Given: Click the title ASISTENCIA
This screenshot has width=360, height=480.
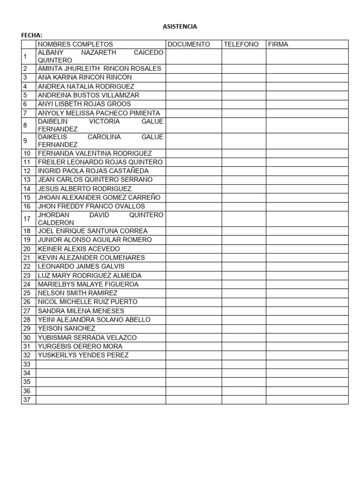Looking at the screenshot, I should (x=180, y=27).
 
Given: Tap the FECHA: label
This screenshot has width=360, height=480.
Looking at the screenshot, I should (x=32, y=35).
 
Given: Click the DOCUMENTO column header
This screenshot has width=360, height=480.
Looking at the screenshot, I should (x=188, y=44).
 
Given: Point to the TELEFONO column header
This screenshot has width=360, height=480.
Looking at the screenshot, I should (x=241, y=44).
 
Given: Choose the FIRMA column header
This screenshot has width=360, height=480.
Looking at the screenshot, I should (x=278, y=44).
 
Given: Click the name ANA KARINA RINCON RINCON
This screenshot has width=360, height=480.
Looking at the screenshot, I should (x=84, y=77).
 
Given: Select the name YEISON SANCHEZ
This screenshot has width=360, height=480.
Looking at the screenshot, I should (x=66, y=328).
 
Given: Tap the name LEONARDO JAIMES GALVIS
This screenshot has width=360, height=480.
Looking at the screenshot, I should (x=81, y=266).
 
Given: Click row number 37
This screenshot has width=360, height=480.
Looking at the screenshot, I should (x=27, y=400).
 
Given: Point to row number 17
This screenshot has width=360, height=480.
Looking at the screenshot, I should (x=27, y=218).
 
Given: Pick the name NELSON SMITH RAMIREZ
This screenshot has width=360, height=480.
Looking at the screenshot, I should (x=77, y=293).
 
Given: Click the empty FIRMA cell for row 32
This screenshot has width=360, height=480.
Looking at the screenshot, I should (x=307, y=355).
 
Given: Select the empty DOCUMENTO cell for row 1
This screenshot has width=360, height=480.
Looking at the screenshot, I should (x=194, y=56).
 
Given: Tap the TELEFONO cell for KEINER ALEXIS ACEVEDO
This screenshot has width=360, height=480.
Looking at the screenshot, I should (x=244, y=249).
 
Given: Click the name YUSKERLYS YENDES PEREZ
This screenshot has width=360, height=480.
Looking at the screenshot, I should (x=83, y=355).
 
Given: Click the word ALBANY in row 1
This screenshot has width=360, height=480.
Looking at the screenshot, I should (x=50, y=52).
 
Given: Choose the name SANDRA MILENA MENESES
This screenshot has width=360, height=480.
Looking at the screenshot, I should (x=81, y=311).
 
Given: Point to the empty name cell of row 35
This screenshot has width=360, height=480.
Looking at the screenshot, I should (x=100, y=382).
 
